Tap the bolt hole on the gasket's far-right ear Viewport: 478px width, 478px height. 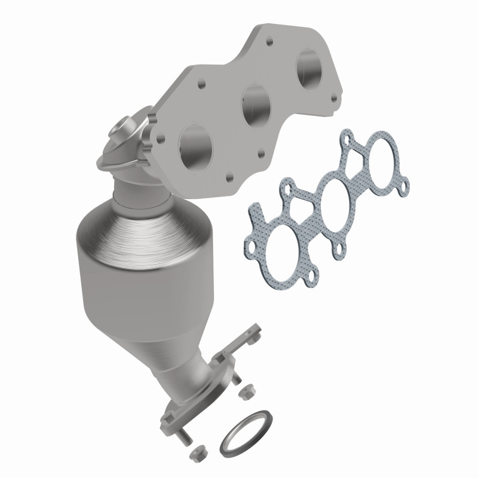(x=406, y=187)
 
